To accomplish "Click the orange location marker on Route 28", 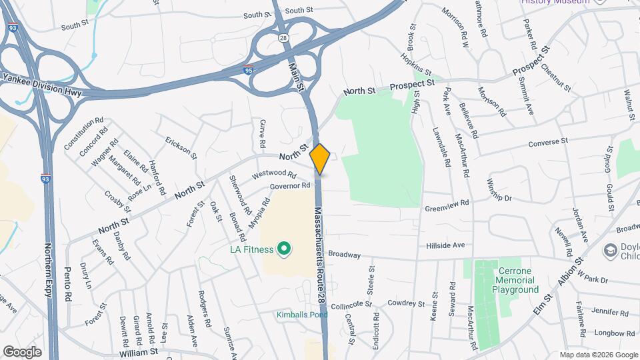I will (x=320, y=159).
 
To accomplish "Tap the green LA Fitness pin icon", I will (x=284, y=249).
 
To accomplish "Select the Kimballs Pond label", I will (x=301, y=314).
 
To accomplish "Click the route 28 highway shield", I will (x=283, y=38).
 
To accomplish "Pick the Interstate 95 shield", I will (x=248, y=69).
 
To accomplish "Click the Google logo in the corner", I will (x=21, y=351).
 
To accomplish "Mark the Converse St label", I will (x=547, y=142).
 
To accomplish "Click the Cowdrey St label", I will (x=407, y=303).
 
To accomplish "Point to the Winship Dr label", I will (x=499, y=191).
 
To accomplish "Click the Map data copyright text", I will (x=597, y=354).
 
